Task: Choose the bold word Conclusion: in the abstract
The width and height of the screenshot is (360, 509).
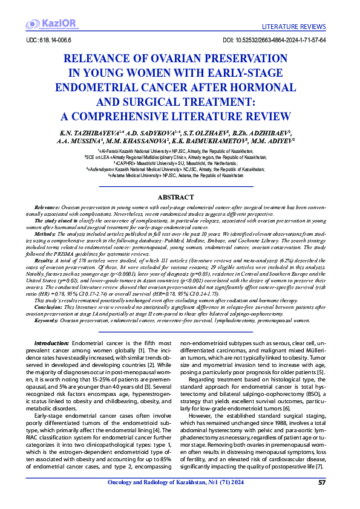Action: click(50, 306)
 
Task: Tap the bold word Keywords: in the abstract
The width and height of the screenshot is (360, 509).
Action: click(48, 320)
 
